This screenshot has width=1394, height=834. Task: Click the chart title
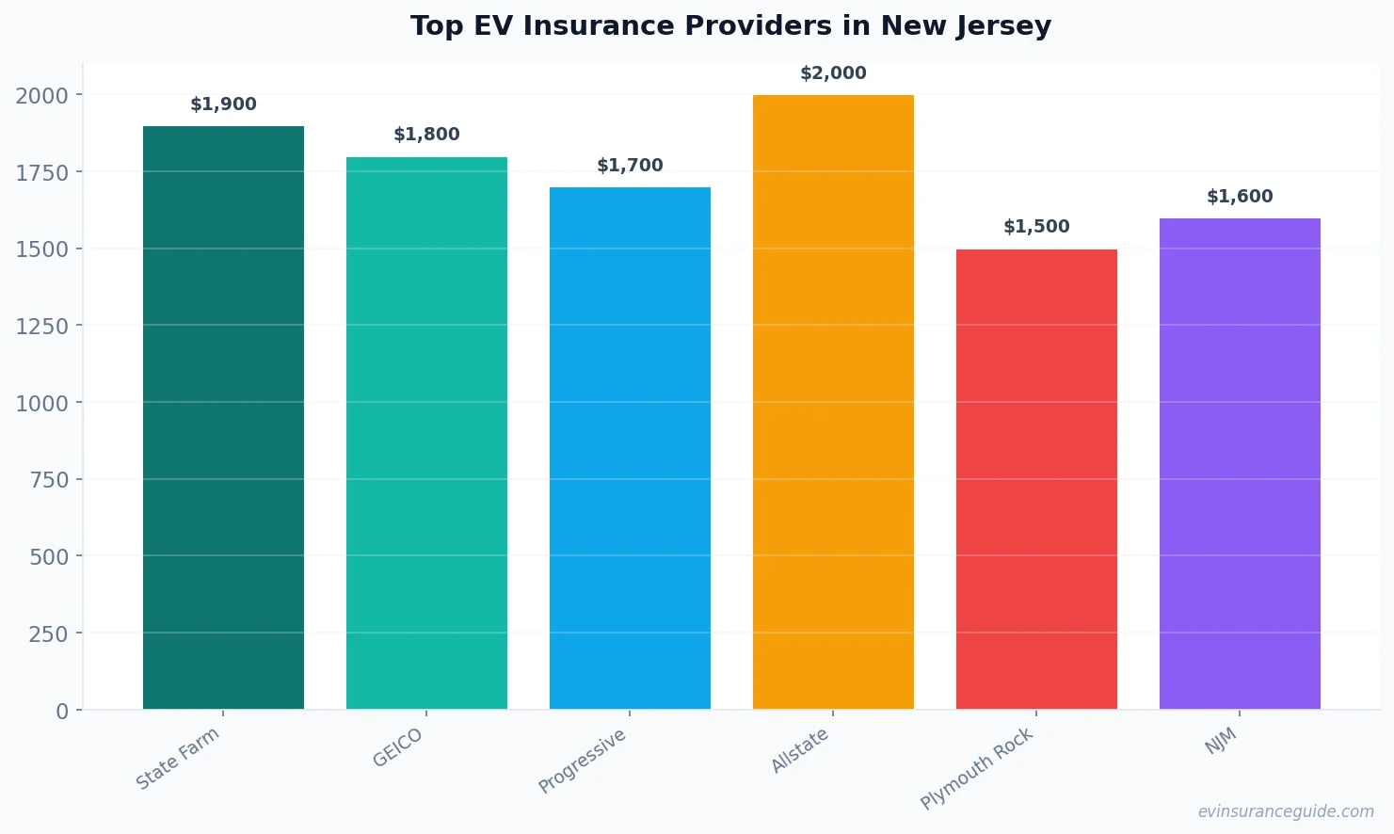(x=730, y=25)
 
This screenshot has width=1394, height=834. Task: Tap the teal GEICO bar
(x=426, y=433)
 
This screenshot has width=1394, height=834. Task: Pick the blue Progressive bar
(x=630, y=448)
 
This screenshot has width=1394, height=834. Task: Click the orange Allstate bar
(x=833, y=402)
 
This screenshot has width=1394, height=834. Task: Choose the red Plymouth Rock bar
(x=1036, y=479)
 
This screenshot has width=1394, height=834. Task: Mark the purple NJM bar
(x=1240, y=463)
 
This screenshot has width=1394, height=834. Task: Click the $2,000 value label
(x=833, y=73)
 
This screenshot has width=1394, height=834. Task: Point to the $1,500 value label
(x=1036, y=227)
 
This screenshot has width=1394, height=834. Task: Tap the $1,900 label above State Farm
(x=223, y=104)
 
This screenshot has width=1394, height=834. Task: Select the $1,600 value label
(x=1240, y=197)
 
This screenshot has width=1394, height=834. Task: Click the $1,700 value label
(x=630, y=166)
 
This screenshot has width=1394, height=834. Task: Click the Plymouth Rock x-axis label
(x=977, y=768)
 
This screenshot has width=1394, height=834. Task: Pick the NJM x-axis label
(x=1221, y=742)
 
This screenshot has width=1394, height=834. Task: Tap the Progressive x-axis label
(x=582, y=761)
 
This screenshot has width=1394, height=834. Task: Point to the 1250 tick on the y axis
(x=41, y=327)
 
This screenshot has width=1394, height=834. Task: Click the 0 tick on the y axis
(x=62, y=712)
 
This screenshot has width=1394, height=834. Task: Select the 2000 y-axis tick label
(x=41, y=96)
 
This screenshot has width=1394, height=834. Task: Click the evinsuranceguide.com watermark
(x=1286, y=811)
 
